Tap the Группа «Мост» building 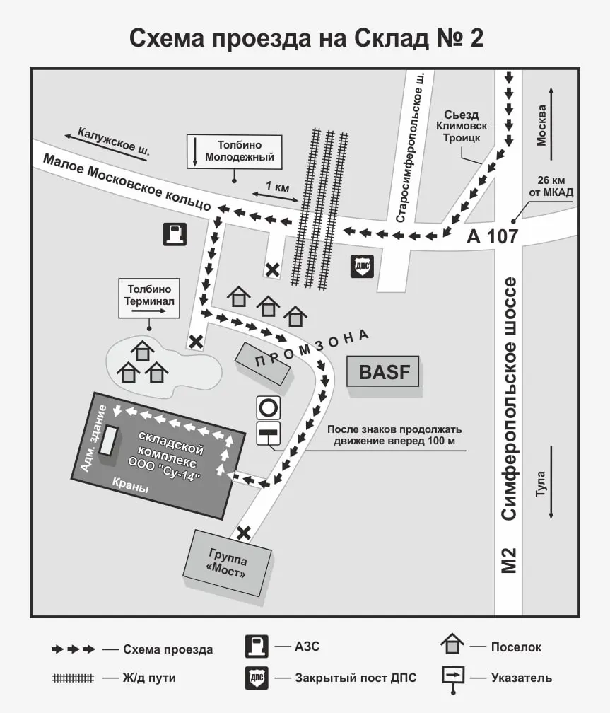tap(228, 563)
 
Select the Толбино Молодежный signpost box tap(235, 151)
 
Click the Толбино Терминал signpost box tap(149, 298)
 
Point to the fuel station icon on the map tap(175, 234)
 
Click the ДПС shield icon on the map tap(363, 267)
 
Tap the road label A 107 tap(492, 236)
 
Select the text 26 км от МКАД tap(551, 187)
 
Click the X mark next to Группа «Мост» tap(244, 533)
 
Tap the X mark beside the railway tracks tap(272, 270)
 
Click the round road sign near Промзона tap(268, 407)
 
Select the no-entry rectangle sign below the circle tap(268, 434)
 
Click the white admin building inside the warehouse tap(109, 440)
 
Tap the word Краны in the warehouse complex tap(131, 485)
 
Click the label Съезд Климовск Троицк tap(462, 126)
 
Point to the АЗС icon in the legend tap(257, 647)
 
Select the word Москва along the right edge tap(541, 125)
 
